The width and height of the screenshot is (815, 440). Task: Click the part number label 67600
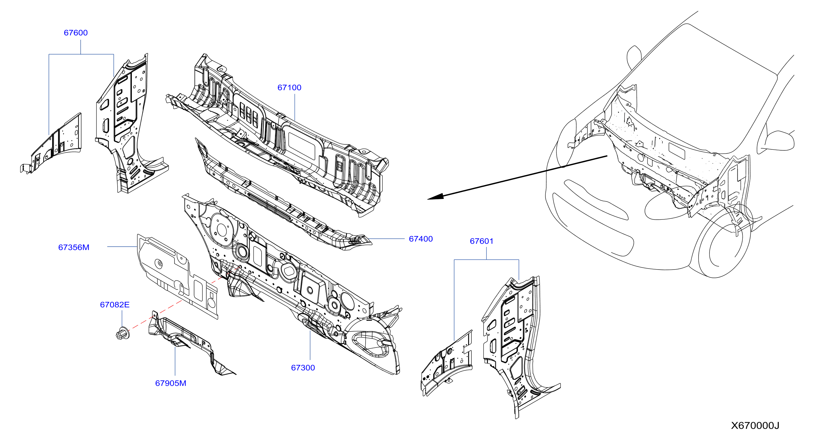point(76,33)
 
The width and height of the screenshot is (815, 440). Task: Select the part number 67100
point(289,87)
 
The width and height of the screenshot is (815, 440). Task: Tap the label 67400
point(420,239)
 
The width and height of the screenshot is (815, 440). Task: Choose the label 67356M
point(74,247)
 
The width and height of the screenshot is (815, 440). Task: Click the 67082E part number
point(115,305)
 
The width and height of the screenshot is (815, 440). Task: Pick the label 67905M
point(171,383)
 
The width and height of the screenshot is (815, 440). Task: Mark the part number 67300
point(303,368)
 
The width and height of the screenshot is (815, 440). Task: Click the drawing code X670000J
point(755,425)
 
